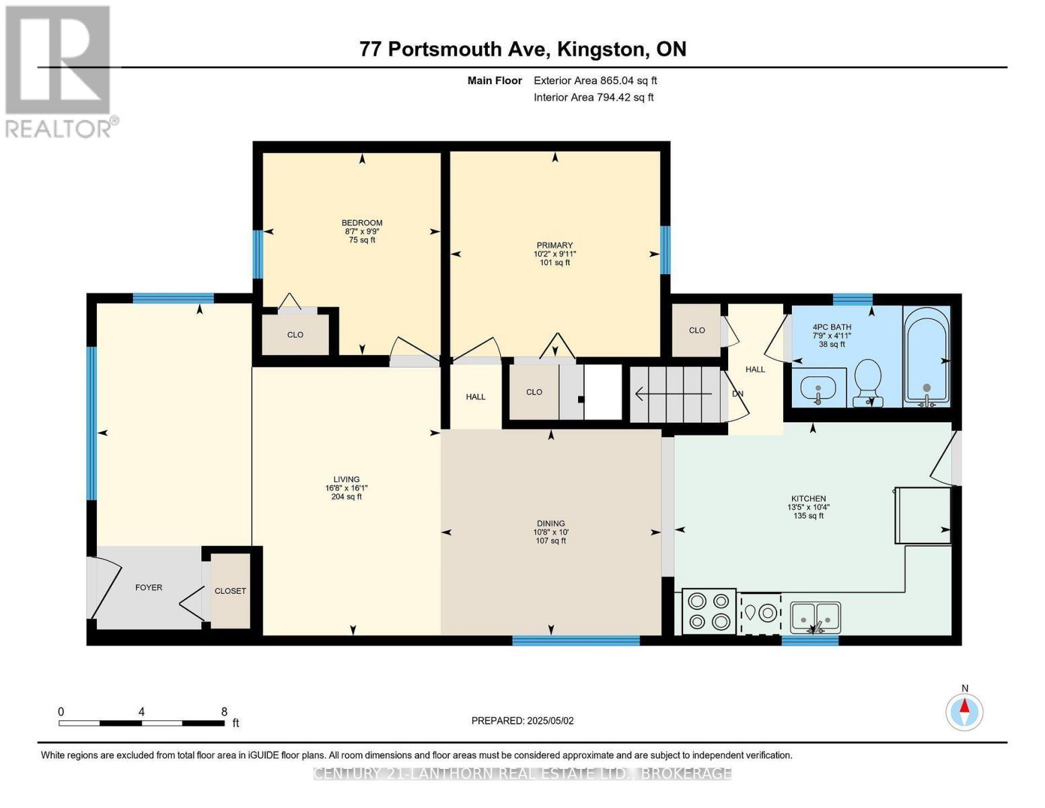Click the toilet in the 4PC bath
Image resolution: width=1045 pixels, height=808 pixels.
[867, 381]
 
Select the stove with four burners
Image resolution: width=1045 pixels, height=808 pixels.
[709, 611]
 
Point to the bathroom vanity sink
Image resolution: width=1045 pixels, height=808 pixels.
[818, 389]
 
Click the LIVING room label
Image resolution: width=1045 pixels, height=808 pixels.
[347, 479]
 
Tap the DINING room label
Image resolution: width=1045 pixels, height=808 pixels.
[550, 523]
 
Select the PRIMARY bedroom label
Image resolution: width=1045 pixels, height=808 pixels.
[554, 245]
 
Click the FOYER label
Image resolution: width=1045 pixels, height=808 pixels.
[149, 587]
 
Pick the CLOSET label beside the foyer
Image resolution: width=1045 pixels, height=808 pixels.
[230, 591]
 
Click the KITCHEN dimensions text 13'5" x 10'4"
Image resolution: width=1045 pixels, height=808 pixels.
[808, 507]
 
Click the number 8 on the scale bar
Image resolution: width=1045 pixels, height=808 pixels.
[224, 712]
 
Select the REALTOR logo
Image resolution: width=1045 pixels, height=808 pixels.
[59, 71]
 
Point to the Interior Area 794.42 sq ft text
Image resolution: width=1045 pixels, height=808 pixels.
[593, 97]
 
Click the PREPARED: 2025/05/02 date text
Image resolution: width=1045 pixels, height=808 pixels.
[522, 720]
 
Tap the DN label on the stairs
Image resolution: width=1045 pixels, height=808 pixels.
[737, 393]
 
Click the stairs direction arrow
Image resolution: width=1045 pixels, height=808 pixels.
[673, 393]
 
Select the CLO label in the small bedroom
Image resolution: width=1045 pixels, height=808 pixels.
[295, 335]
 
